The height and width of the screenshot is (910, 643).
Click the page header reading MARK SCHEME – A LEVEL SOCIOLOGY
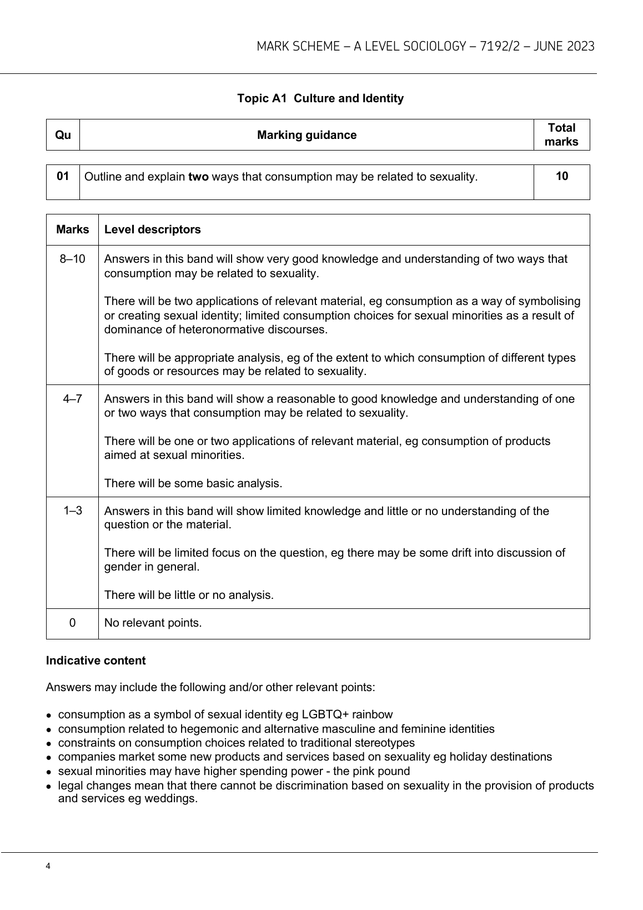(x=425, y=47)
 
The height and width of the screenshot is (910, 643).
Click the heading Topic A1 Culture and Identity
(x=320, y=98)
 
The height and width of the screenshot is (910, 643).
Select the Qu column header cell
(x=63, y=135)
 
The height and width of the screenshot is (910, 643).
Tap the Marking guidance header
(x=307, y=135)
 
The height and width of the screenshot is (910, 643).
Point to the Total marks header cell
(x=561, y=135)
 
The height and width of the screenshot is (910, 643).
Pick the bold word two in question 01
(x=198, y=177)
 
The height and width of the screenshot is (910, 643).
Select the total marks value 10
(x=561, y=177)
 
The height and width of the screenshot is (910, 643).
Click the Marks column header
(x=72, y=229)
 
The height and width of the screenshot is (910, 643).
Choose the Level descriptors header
(x=153, y=229)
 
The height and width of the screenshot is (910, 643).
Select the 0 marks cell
(x=72, y=623)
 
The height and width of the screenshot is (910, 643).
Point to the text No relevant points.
(x=153, y=623)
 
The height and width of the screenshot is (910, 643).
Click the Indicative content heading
(x=96, y=661)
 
